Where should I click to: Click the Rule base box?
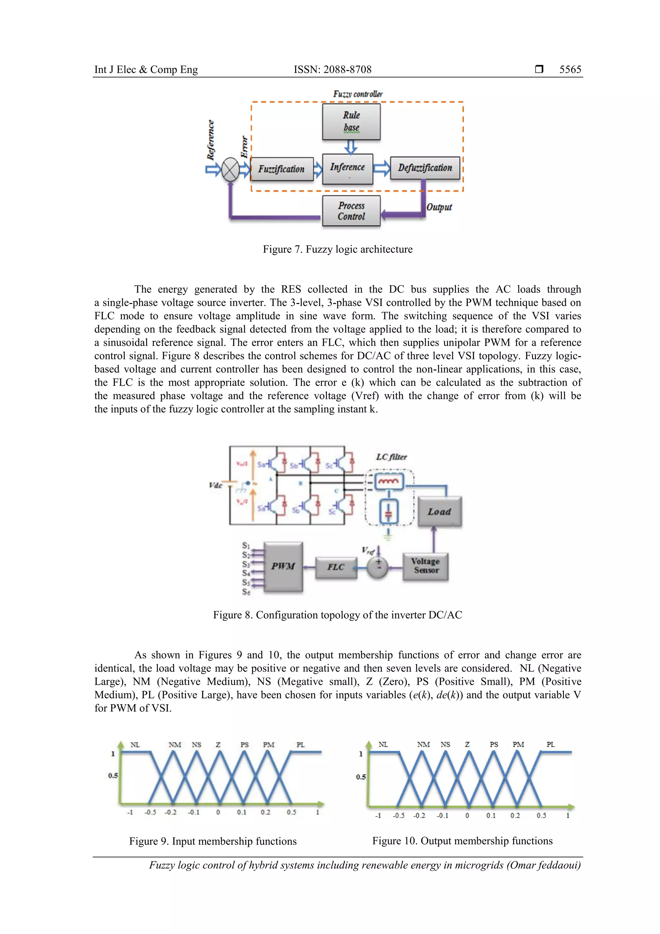(351, 122)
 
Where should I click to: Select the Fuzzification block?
(281, 169)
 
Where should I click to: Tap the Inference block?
(347, 168)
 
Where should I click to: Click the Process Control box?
(351, 211)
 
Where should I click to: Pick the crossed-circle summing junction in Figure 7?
(230, 169)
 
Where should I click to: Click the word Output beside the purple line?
(439, 207)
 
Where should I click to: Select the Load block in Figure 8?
(439, 511)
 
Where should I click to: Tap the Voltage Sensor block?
(425, 566)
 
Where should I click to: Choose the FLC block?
(335, 567)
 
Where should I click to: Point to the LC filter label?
(391, 457)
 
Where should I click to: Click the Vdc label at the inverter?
(215, 485)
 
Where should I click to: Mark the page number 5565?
(570, 70)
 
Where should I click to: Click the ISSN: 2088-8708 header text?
(332, 70)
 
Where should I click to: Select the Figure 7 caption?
(337, 249)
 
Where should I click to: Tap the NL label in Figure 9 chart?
(135, 745)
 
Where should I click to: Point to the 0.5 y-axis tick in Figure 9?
(113, 775)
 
